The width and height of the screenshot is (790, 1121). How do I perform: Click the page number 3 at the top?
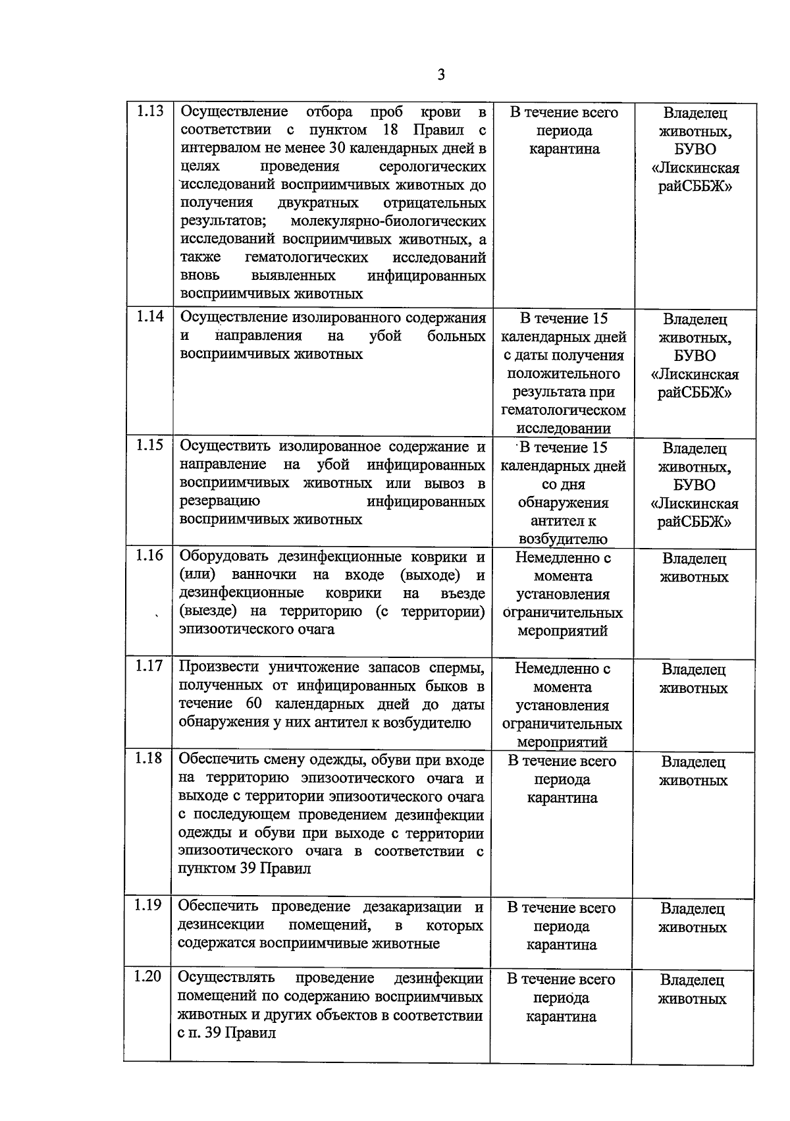click(441, 75)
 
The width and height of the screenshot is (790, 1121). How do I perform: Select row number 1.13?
click(149, 111)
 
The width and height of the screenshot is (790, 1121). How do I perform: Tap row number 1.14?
click(149, 317)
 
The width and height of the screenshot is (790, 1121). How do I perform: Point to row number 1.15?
click(149, 445)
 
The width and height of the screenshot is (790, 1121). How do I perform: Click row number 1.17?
click(149, 667)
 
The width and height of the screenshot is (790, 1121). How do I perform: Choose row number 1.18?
click(148, 759)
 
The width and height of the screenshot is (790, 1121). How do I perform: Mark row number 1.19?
click(147, 906)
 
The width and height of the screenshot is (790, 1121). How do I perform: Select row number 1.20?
click(147, 977)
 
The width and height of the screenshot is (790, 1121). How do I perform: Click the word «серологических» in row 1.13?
click(433, 166)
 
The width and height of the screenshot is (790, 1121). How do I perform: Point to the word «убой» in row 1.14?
click(385, 336)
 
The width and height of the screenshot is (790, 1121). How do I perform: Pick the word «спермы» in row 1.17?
click(458, 667)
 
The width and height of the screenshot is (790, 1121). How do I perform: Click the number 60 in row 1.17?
click(254, 704)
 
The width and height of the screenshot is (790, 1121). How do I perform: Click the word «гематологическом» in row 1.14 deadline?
click(563, 410)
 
